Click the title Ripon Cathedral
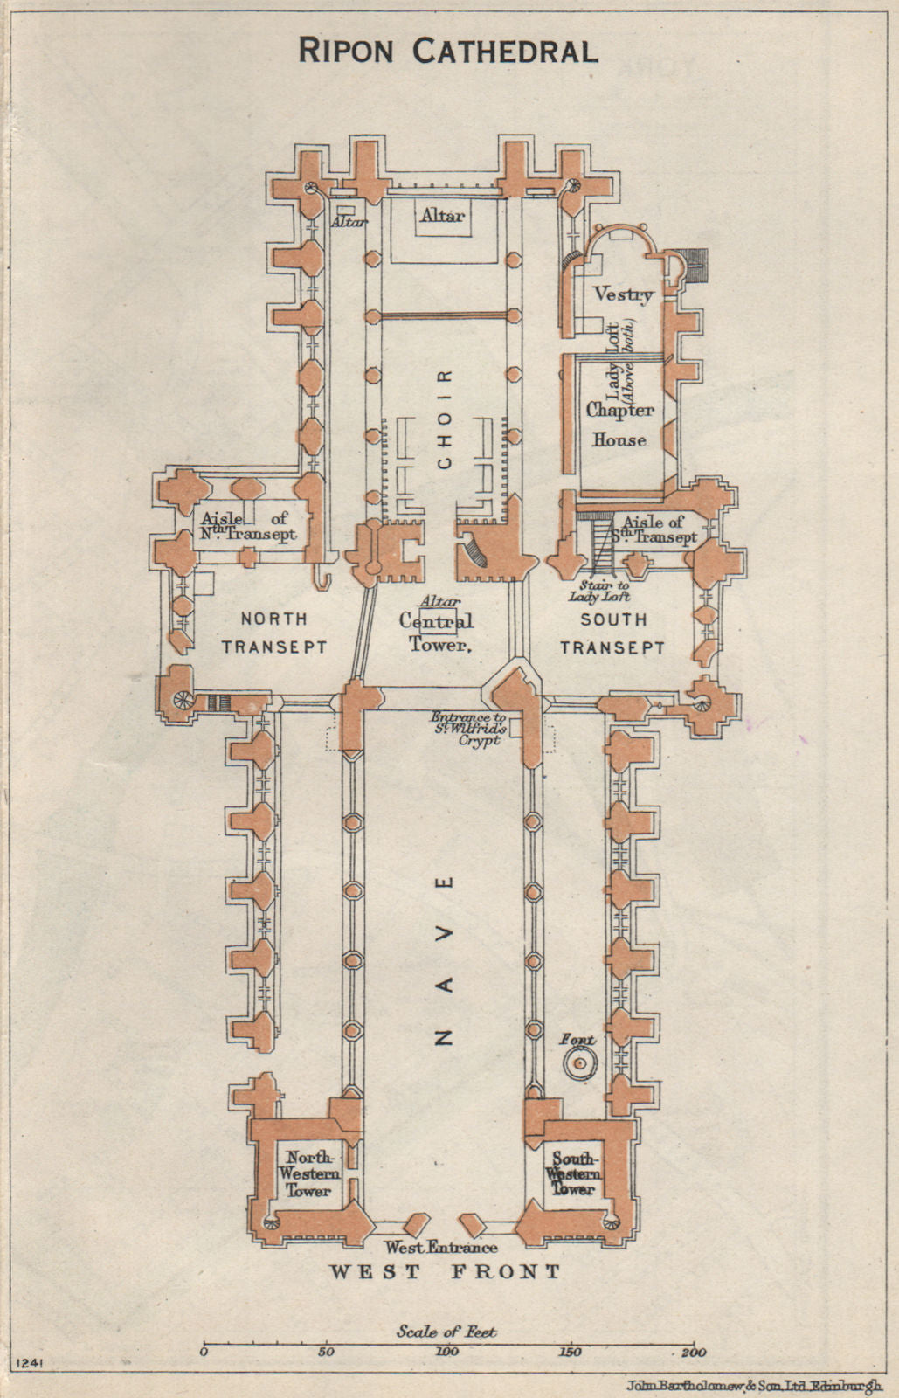(x=448, y=52)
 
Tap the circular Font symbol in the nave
(x=578, y=1063)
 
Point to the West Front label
(x=445, y=1271)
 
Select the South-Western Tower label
(x=573, y=1173)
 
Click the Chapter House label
(x=619, y=425)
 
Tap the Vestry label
(x=623, y=294)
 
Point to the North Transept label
(x=273, y=633)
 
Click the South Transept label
(x=613, y=633)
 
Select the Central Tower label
(x=436, y=633)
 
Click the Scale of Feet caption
(x=446, y=1332)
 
